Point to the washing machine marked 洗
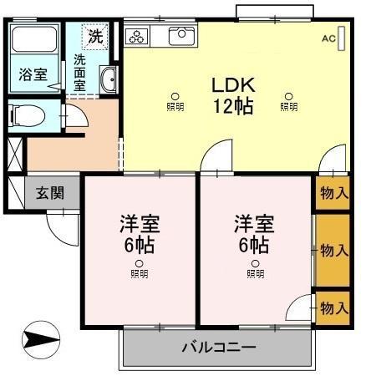tap(96, 37)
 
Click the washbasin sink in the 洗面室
tap(109, 80)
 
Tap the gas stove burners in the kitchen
tap(137, 36)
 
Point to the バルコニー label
tap(218, 348)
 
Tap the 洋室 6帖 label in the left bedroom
tap(139, 235)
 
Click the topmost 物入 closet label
tap(334, 193)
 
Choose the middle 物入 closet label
tap(334, 250)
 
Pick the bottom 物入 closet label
tap(334, 307)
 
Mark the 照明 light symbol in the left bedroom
tap(139, 269)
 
